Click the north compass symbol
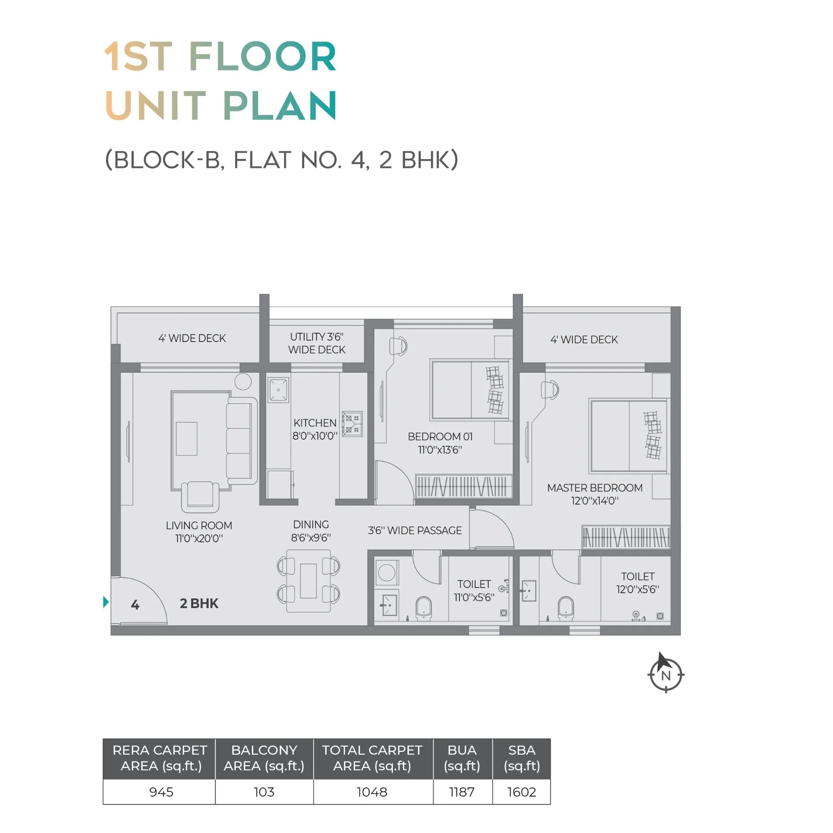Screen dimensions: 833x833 click(x=666, y=674)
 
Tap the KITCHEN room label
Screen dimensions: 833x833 click(x=315, y=423)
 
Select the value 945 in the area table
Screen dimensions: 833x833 click(x=161, y=792)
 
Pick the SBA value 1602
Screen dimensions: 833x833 click(x=522, y=792)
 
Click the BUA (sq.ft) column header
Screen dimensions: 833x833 click(x=462, y=758)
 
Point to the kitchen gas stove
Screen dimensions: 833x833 click(x=352, y=424)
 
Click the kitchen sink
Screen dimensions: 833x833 click(x=278, y=390)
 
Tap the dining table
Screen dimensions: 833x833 click(x=308, y=581)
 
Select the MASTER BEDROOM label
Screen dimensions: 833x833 click(x=595, y=488)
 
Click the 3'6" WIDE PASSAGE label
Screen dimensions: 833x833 click(x=415, y=530)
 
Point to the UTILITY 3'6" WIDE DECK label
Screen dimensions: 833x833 click(x=317, y=343)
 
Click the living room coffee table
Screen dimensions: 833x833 click(x=186, y=438)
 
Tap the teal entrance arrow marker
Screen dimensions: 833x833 click(x=106, y=602)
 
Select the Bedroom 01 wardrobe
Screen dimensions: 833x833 click(x=463, y=486)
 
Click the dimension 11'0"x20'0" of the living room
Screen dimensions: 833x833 click(x=199, y=538)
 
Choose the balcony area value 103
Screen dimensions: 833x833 click(x=264, y=792)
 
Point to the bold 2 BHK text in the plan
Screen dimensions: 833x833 click(x=199, y=603)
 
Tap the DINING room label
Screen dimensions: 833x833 click(x=311, y=524)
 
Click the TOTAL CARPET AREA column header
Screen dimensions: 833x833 click(x=372, y=758)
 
